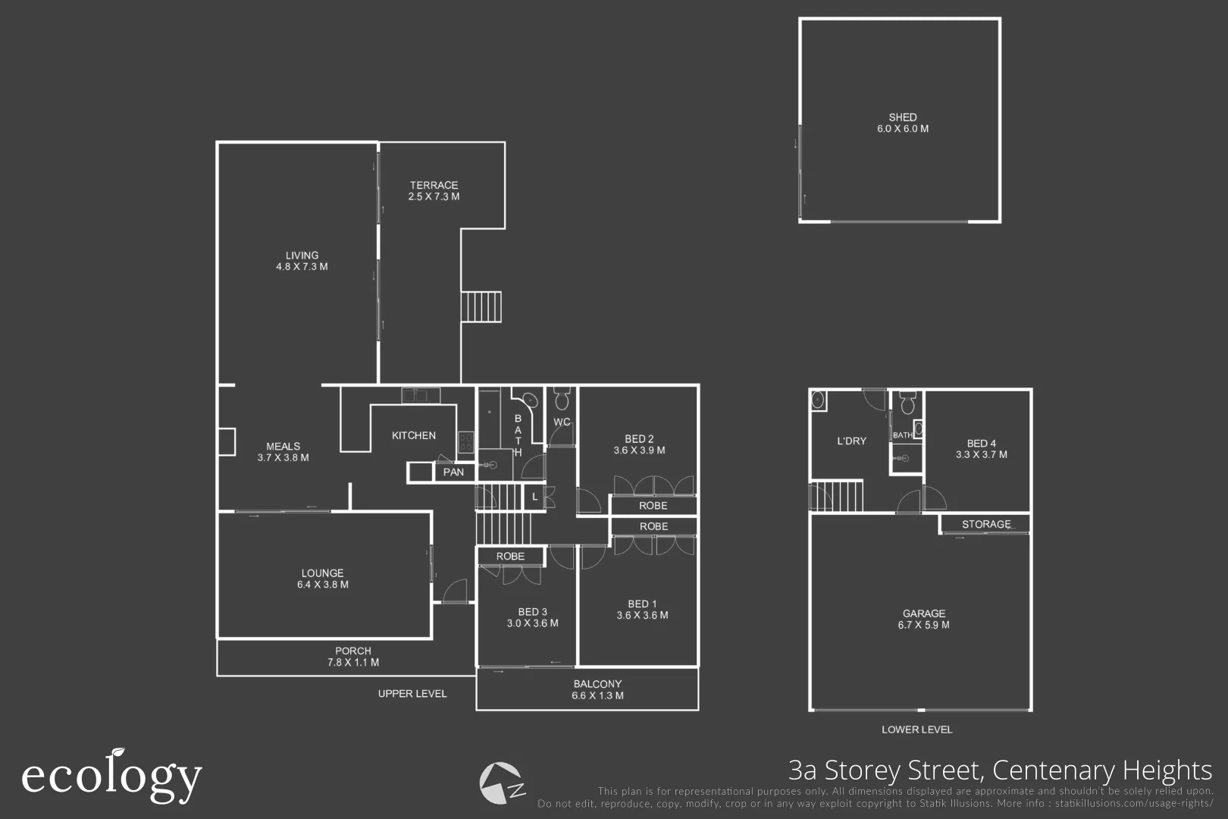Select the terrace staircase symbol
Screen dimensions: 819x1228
click(481, 306)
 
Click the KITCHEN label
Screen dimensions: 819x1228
click(414, 435)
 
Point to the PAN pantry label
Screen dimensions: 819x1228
click(453, 472)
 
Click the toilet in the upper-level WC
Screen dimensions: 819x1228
click(562, 399)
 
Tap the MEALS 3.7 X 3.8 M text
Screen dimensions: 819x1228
click(283, 452)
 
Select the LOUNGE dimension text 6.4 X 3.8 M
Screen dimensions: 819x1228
click(323, 585)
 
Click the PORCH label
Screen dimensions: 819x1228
click(353, 651)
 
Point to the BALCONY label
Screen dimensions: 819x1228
click(597, 684)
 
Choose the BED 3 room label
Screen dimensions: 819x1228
click(532, 612)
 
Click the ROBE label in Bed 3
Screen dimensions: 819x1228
click(510, 556)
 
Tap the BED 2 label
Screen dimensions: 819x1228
click(639, 438)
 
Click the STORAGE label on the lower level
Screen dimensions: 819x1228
click(985, 524)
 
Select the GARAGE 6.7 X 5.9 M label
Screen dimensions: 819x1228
click(923, 619)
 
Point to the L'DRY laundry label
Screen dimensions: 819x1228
click(851, 441)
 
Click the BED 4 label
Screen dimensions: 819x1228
click(981, 443)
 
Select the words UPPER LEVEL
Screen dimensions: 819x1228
click(412, 693)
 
